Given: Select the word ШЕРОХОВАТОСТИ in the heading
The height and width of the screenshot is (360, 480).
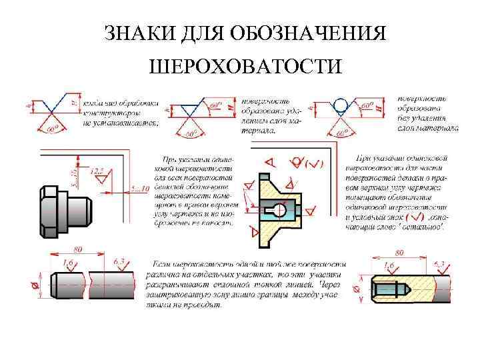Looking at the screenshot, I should pyautogui.click(x=247, y=67).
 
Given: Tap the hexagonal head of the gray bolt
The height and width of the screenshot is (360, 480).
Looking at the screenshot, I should pyautogui.click(x=51, y=211).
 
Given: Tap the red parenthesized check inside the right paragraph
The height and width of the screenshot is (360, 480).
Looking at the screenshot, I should pyautogui.click(x=413, y=217).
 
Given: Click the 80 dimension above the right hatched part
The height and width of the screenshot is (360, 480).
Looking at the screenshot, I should pyautogui.click(x=400, y=253).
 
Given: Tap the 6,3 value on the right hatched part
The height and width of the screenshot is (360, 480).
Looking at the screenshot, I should pyautogui.click(x=441, y=265).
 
